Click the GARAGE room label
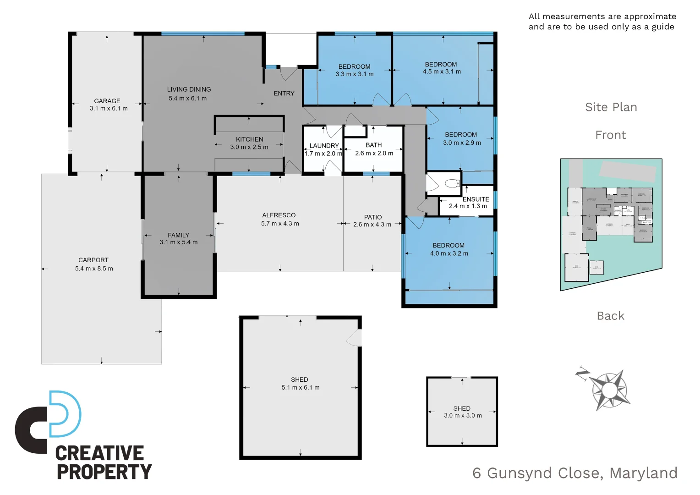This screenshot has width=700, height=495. coord(107,101)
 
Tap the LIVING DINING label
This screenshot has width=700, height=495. coord(189,89)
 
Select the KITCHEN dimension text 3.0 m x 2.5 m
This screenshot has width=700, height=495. coord(249,147)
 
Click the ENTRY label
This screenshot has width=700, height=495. coord(284,93)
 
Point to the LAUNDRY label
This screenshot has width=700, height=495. coord(324,146)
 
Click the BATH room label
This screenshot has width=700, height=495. coord(374,145)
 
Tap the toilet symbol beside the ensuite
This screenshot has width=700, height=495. coord(452,183)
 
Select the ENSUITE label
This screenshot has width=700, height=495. coord(476,199)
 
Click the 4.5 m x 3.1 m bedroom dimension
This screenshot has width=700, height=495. coord(442,72)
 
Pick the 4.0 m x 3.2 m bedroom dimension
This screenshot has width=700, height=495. coord(449,253)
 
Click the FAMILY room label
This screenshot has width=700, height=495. coord(178,235)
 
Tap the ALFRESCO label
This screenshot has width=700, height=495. coord(279,215)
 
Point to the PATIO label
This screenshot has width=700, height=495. coord(373,217)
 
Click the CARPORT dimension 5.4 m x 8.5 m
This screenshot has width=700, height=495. coord(94,269)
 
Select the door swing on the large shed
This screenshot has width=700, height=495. coord(355,338)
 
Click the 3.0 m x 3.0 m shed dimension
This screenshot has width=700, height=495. coord(463,416)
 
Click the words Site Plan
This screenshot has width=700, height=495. coord(611,107)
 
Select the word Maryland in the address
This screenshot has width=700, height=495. coord(643,473)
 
